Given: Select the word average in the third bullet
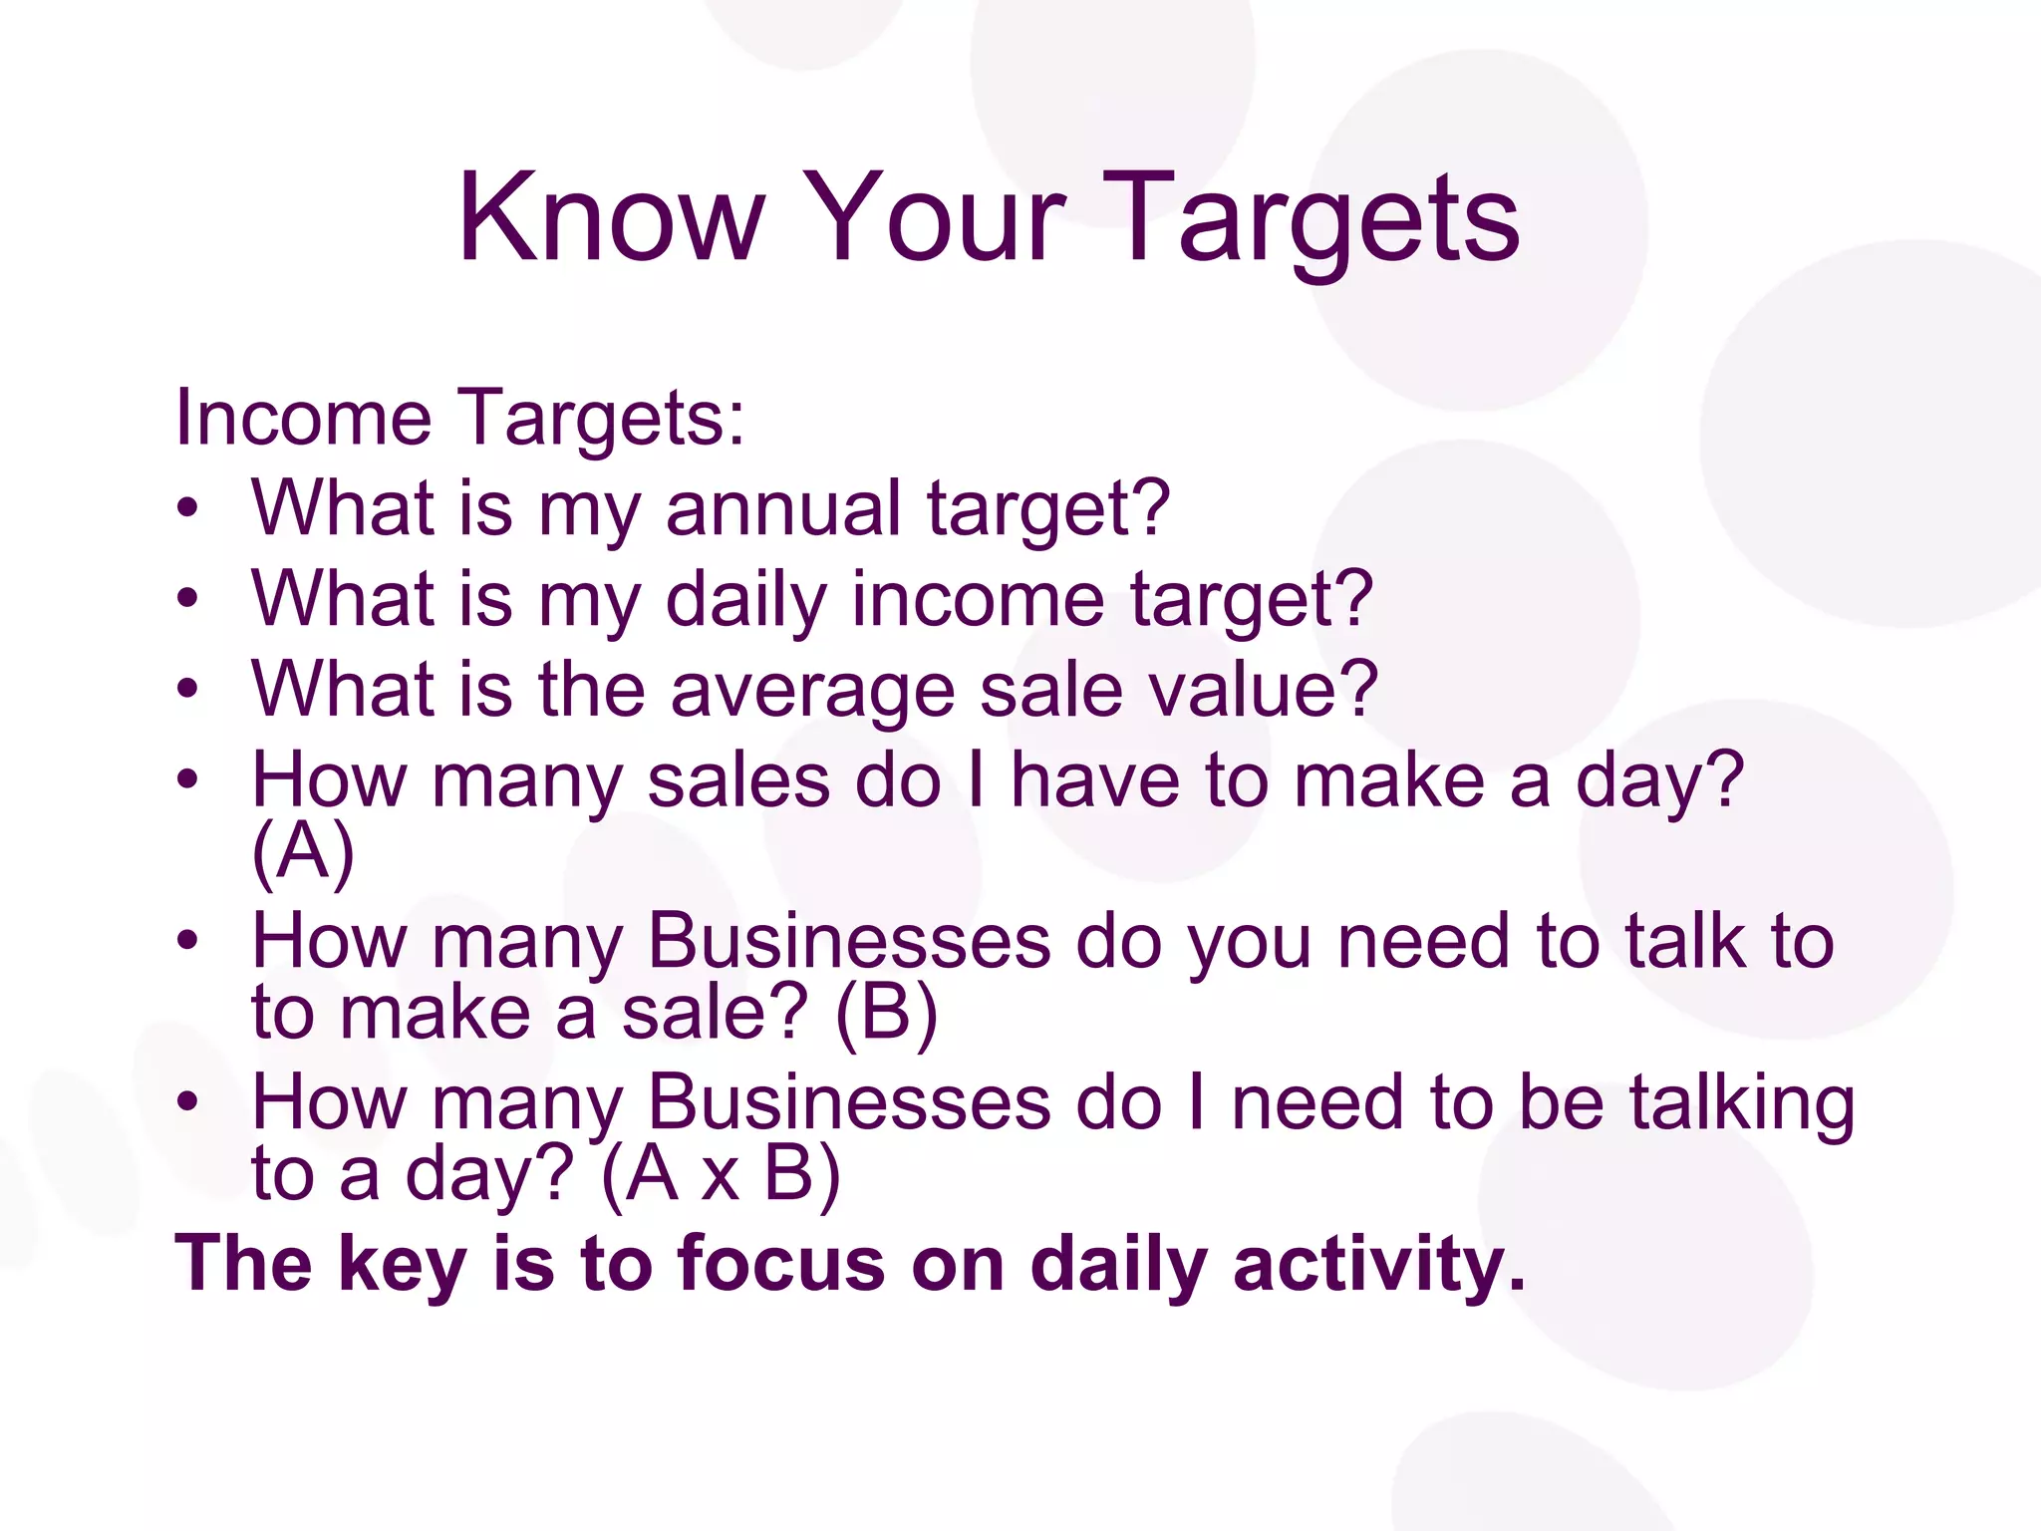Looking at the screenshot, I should click(x=812, y=691).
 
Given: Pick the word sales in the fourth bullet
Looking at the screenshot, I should click(x=738, y=780).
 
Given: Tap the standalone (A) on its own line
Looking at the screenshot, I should click(x=303, y=853).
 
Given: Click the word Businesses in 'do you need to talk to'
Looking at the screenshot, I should click(x=849, y=941).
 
